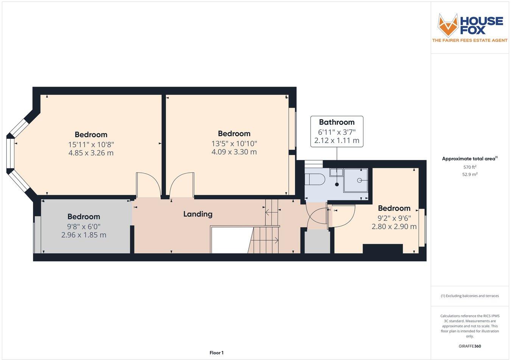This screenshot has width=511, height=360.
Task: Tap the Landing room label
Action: [198, 214]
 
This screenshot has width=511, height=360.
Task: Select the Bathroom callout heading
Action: [337, 122]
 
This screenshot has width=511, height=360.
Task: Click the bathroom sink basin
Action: [336, 172]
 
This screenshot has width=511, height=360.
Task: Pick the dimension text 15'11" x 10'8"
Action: [91, 144]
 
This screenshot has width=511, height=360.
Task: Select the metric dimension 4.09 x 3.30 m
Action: [234, 152]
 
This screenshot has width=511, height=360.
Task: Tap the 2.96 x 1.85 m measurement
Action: [84, 235]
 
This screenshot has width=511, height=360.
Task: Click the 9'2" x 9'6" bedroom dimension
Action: [394, 218]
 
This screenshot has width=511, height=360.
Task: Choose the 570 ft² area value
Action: [470, 167]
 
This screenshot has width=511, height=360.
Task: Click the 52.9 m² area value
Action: [470, 174]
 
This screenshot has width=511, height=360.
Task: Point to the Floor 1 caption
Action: [217, 353]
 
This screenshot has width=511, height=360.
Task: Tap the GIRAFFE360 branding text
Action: [469, 346]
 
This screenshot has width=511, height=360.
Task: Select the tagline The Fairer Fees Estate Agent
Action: [470, 40]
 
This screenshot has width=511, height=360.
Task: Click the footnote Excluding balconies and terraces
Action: [470, 296]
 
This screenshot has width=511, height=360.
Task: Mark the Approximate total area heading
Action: [470, 159]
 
